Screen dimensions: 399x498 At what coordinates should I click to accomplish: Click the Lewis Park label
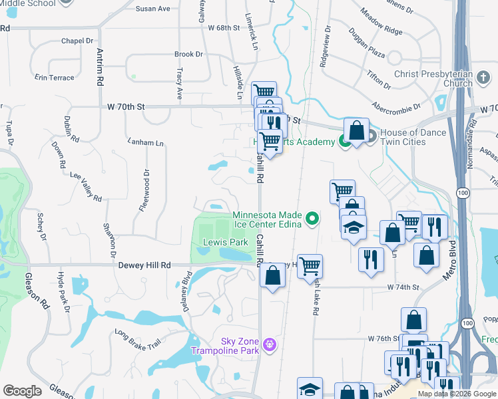pyautogui.click(x=225, y=243)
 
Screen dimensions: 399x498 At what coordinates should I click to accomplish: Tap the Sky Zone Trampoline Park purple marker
pyautogui.click(x=269, y=344)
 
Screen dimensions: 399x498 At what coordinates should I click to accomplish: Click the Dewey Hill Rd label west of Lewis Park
pyautogui.click(x=144, y=265)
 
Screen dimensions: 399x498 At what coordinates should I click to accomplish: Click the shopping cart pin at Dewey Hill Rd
pyautogui.click(x=310, y=266)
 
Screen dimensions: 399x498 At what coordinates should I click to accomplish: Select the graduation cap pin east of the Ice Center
pyautogui.click(x=354, y=225)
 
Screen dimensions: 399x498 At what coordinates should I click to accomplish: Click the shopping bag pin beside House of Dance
pyautogui.click(x=356, y=130)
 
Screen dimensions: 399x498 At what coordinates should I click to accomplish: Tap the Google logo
pyautogui.click(x=22, y=391)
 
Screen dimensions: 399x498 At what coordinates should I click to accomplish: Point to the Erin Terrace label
pyautogui.click(x=55, y=78)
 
